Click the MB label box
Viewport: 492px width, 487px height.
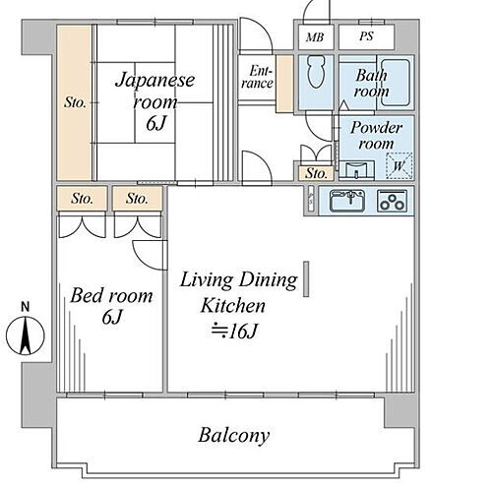[x=315, y=36]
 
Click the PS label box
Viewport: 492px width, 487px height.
[x=365, y=36]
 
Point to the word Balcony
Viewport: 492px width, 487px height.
[x=233, y=434]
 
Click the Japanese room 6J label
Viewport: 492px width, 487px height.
[x=154, y=101]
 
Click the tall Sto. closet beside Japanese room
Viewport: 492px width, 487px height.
[x=74, y=101]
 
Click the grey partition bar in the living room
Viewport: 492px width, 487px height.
[x=306, y=277]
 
